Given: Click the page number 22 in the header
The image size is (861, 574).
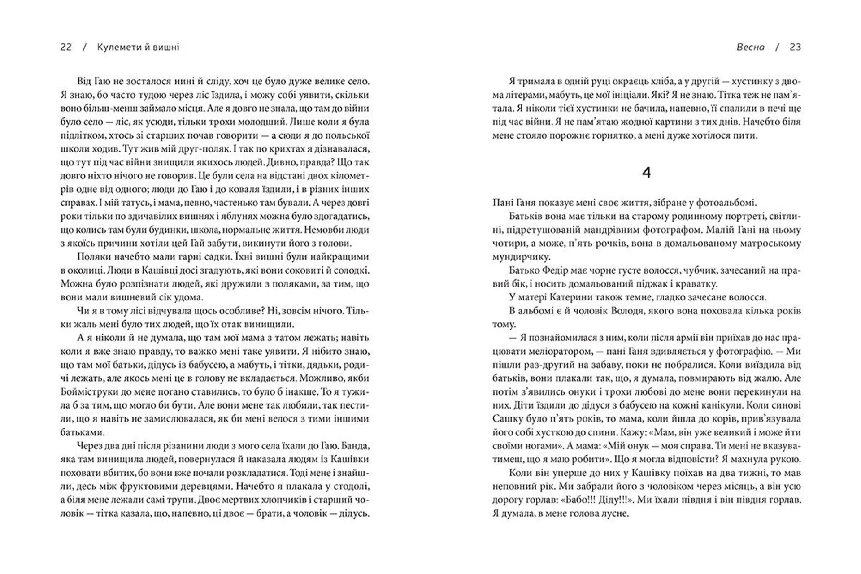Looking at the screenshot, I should coord(66,47).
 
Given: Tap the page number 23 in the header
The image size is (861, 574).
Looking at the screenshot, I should coord(795,47).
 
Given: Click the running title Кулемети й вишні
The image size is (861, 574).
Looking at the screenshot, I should coord(138,47).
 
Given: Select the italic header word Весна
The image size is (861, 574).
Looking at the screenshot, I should coord(750,47).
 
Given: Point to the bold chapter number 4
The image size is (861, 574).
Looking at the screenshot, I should coord(646,173).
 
